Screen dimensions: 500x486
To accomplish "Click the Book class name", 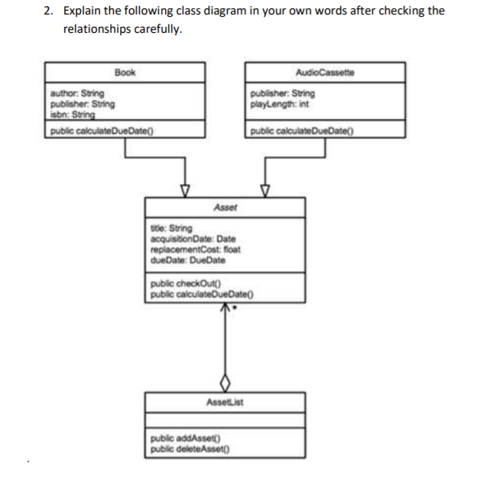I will [x=125, y=73].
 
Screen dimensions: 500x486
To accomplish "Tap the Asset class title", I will [x=225, y=207].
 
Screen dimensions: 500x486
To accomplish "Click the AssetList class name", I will [x=225, y=401].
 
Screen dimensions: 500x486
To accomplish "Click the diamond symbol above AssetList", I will [x=225, y=381].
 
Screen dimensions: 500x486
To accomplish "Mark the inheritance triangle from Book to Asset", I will [x=184, y=189].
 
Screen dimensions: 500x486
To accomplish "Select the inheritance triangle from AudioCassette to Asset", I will [x=265, y=189].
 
